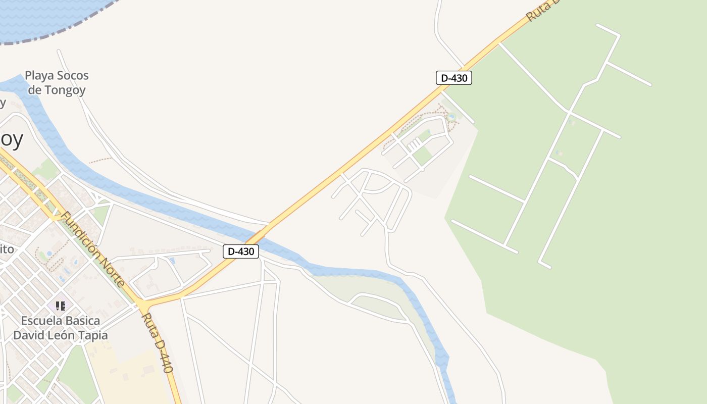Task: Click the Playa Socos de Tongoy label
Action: (x=57, y=83)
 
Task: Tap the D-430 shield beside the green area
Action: (x=453, y=78)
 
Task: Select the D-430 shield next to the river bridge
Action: (x=241, y=251)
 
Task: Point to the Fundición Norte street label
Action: (x=92, y=249)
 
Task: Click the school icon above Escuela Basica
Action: (x=61, y=306)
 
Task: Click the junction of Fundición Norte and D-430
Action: (x=144, y=305)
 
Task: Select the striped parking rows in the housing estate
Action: (x=414, y=145)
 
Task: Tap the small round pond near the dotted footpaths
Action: (x=451, y=117)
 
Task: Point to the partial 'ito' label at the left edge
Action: (x=7, y=249)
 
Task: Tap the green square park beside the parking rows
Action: (x=423, y=156)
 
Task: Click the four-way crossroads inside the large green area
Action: (x=569, y=112)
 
